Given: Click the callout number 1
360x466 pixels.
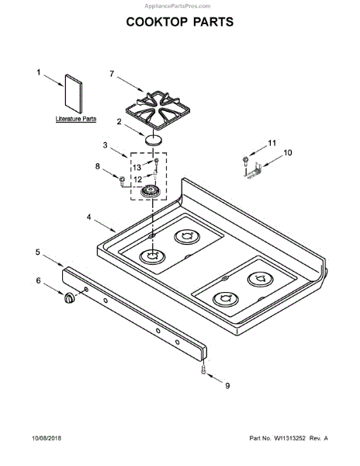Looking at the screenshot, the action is pyautogui.click(x=38, y=72).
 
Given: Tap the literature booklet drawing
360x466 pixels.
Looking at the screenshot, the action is pyautogui.click(x=73, y=94).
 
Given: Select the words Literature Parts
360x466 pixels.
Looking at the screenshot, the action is pyautogui.click(x=76, y=119).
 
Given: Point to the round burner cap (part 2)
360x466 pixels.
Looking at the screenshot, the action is pyautogui.click(x=154, y=140).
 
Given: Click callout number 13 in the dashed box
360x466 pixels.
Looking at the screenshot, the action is pyautogui.click(x=137, y=168).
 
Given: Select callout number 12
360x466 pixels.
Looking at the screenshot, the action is pyautogui.click(x=138, y=180).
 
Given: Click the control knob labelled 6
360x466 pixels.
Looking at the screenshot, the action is pyautogui.click(x=70, y=297).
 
